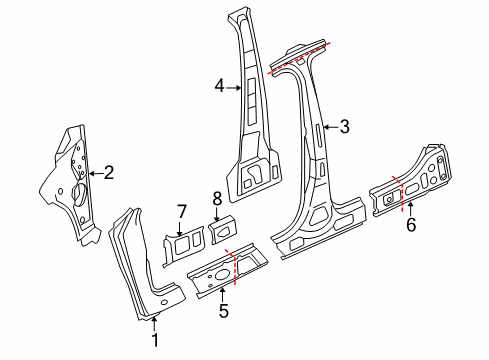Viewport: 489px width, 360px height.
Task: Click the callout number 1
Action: click(x=155, y=340)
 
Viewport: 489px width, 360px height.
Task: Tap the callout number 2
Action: click(x=109, y=173)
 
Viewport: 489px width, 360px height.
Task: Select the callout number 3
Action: click(x=344, y=127)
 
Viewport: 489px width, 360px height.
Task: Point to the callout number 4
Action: click(x=220, y=86)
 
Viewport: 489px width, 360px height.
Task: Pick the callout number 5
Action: click(x=224, y=311)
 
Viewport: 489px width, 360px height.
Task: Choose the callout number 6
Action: click(x=411, y=224)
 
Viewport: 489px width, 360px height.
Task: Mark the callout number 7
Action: click(x=181, y=212)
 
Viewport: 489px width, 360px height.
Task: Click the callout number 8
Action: click(x=217, y=199)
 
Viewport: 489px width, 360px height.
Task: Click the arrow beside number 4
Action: click(x=234, y=88)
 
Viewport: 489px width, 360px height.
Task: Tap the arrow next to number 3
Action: click(x=331, y=127)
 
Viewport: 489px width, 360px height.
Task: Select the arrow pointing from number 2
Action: click(x=96, y=173)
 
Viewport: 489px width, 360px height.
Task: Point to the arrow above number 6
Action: click(x=410, y=209)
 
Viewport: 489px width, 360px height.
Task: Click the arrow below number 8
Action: click(x=217, y=214)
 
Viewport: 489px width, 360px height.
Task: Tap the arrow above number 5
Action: click(x=223, y=295)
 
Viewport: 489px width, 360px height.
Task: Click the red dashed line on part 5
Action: click(x=233, y=266)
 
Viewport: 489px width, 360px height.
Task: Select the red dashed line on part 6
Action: click(x=400, y=193)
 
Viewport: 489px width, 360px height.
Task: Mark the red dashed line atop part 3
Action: click(x=299, y=58)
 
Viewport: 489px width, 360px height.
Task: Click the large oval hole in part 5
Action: click(x=220, y=275)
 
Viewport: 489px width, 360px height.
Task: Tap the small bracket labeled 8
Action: click(x=223, y=230)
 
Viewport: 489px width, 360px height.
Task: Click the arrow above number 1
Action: click(x=154, y=324)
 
